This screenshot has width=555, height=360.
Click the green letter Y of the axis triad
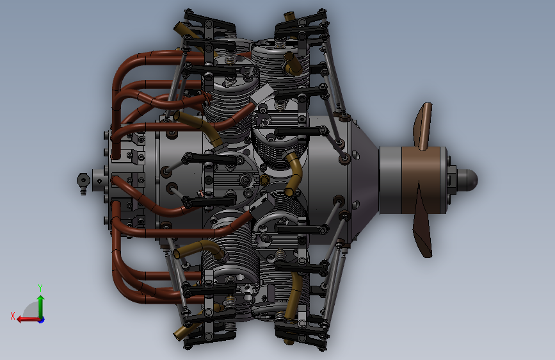click(40, 288)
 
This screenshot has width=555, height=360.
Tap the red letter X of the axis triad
click(13, 316)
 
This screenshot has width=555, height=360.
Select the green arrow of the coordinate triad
click(41, 306)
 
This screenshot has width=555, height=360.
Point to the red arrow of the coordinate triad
click(28, 320)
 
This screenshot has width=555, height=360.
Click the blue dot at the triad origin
click(42, 320)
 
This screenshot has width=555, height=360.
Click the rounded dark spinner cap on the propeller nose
click(467, 179)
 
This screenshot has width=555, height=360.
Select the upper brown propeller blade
click(423, 126)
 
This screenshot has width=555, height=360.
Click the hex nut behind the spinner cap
click(451, 179)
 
